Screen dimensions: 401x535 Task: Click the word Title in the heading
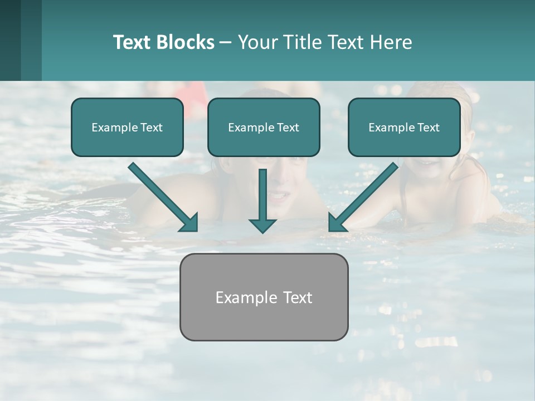pos(301,42)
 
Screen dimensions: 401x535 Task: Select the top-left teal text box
pos(127,127)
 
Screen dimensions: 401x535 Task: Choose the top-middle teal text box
pos(264,127)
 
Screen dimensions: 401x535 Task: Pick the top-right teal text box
pos(404,127)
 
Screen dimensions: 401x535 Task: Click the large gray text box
pos(264,297)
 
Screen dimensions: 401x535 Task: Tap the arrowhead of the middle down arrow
pos(262,225)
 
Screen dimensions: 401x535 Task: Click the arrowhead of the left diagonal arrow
pos(190,223)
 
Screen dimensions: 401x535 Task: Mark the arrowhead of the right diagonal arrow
pos(337,223)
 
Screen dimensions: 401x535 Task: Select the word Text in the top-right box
pos(428,128)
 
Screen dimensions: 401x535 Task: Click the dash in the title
pos(226,42)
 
